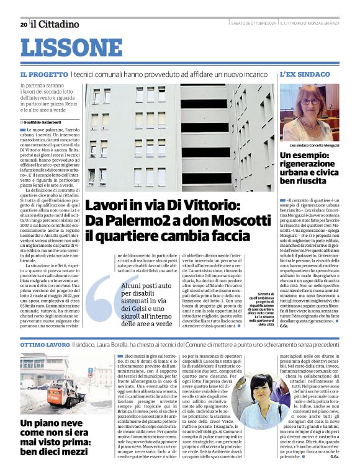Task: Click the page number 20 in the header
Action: click(x=23, y=24)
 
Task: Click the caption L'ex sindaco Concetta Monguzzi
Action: click(x=310, y=144)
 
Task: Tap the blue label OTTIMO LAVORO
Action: click(x=44, y=343)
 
